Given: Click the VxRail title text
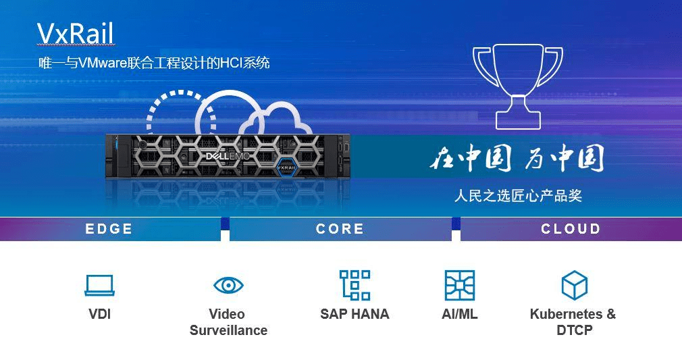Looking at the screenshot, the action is [x=76, y=34].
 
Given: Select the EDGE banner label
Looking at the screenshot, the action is [x=109, y=229].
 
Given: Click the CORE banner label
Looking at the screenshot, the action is [x=340, y=229].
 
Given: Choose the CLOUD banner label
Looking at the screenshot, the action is [x=571, y=229].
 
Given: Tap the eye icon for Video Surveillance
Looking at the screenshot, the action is [x=228, y=286].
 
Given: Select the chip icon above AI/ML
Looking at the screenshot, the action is [x=460, y=285].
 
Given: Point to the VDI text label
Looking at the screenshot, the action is [x=100, y=314].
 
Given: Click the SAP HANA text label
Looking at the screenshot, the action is [x=355, y=314].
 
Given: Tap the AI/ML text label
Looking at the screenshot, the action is [x=460, y=314].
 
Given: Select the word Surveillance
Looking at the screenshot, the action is [x=228, y=330].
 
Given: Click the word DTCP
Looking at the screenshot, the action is [x=575, y=330].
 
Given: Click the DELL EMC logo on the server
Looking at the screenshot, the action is [x=228, y=156].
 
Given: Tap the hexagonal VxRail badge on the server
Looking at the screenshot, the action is [x=286, y=167].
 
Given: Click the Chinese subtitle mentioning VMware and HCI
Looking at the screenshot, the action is [x=154, y=63].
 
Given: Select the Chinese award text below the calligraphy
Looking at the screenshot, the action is [x=518, y=195].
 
